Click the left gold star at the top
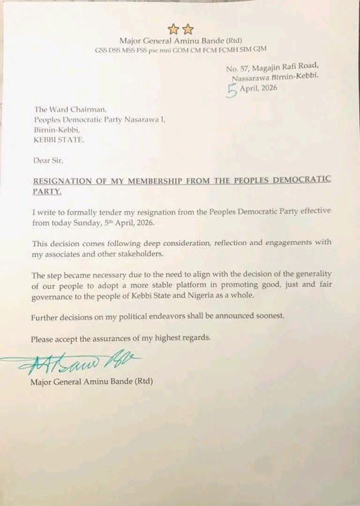[173, 28]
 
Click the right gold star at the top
[187, 28]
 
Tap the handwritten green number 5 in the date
[230, 91]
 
